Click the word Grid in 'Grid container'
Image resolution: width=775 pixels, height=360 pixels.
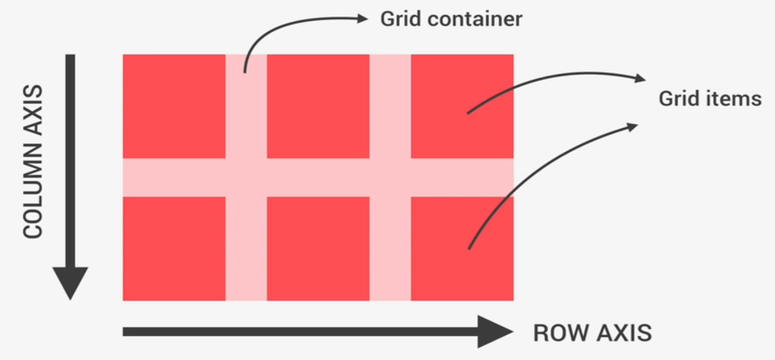pos(400,19)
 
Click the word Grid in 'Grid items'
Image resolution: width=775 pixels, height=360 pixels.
pos(679,99)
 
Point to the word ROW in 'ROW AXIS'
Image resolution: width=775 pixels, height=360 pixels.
pos(559,333)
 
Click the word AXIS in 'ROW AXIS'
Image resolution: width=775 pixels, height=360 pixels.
pos(625,333)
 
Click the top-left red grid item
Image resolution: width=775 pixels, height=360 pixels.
pos(174,106)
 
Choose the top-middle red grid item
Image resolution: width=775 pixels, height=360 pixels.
pos(318,106)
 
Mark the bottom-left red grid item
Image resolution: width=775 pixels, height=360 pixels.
pos(174,248)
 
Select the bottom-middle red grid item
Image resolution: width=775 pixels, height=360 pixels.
pos(318,248)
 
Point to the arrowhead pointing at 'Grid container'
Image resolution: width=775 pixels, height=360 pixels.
pos(362,19)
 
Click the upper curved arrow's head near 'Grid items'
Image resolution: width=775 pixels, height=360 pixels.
pos(641,78)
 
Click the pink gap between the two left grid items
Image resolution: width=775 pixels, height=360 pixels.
pos(174,177)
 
